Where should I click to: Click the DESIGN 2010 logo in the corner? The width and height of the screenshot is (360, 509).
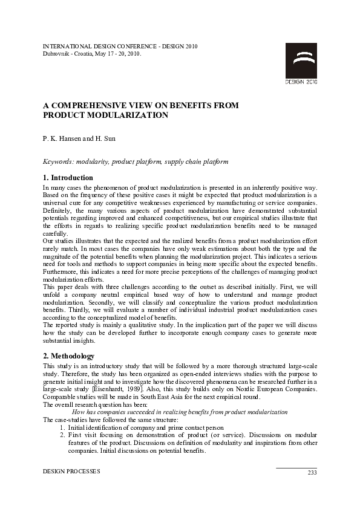[301, 63]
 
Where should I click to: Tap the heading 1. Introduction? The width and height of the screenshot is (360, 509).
[68, 178]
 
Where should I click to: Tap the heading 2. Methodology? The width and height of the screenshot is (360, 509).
[68, 356]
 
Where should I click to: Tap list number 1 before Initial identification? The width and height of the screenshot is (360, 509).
[62, 427]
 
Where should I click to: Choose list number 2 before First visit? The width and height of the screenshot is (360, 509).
[62, 435]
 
